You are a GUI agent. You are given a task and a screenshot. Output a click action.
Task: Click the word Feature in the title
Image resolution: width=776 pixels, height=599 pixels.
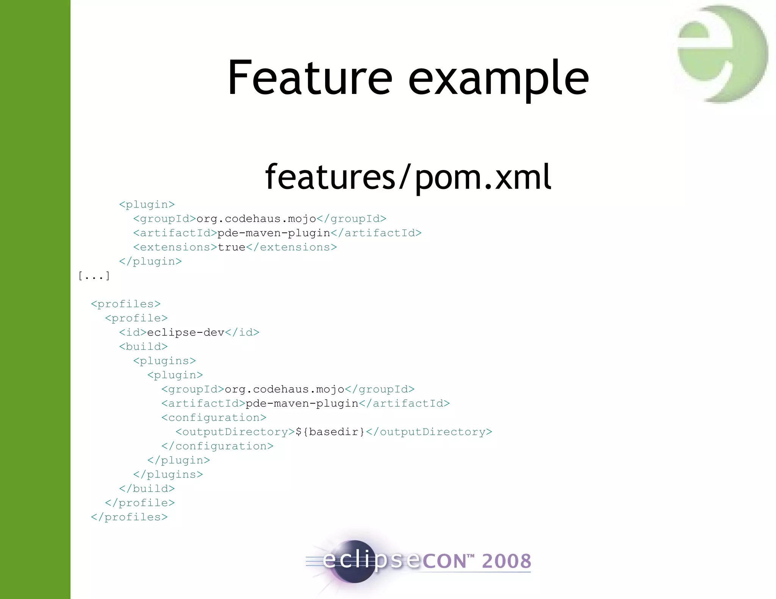point(310,78)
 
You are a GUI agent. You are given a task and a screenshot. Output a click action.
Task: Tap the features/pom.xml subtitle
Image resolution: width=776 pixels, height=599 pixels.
point(408,177)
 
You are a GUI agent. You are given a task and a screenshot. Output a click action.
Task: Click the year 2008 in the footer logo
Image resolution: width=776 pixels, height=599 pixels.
point(506,561)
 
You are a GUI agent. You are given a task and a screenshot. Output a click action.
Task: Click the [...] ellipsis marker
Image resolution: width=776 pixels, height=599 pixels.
point(94,276)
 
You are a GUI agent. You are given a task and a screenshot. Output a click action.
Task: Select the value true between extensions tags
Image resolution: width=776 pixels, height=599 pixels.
point(232,247)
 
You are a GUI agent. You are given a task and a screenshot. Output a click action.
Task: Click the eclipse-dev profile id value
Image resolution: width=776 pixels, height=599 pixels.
point(186,332)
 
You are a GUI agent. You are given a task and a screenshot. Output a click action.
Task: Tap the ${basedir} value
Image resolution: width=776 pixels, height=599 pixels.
point(330,432)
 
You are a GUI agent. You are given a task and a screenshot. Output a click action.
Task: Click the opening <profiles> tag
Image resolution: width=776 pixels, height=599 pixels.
point(126,304)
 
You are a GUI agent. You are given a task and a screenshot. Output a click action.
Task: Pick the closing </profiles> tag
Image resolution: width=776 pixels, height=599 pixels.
point(129,517)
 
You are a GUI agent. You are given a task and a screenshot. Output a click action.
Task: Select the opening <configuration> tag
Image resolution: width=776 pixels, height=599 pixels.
point(214,418)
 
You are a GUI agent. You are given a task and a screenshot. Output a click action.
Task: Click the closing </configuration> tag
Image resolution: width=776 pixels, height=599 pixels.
point(217,446)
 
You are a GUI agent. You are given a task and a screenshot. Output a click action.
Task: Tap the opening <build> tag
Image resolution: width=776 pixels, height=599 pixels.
point(143,347)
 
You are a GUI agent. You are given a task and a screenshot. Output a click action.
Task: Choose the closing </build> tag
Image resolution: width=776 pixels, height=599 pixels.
point(147,489)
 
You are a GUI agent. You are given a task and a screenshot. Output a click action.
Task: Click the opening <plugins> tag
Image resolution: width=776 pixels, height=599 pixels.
point(164,361)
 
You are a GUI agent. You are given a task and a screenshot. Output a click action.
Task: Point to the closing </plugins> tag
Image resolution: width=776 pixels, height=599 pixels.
point(168,474)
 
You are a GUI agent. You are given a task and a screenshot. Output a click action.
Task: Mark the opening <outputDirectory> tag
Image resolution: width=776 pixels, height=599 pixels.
point(235,432)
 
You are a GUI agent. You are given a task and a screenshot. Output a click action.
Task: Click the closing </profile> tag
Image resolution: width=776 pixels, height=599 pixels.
point(140,503)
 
